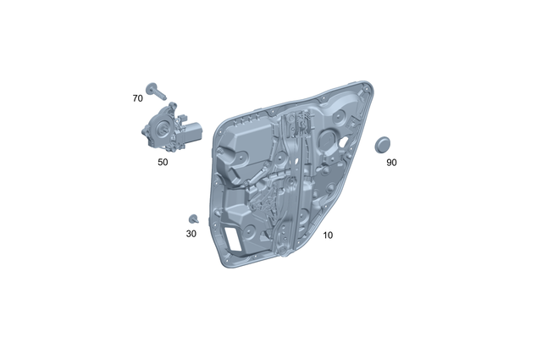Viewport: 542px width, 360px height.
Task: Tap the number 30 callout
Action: tap(191, 233)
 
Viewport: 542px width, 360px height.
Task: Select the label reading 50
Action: tap(163, 162)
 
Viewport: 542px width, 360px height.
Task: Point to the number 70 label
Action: tap(137, 98)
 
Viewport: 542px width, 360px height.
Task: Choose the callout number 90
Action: tap(391, 162)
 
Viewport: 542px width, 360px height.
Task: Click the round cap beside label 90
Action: tap(385, 142)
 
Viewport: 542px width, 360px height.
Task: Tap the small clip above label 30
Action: tap(193, 219)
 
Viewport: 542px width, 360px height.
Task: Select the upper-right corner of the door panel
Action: tap(365, 83)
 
